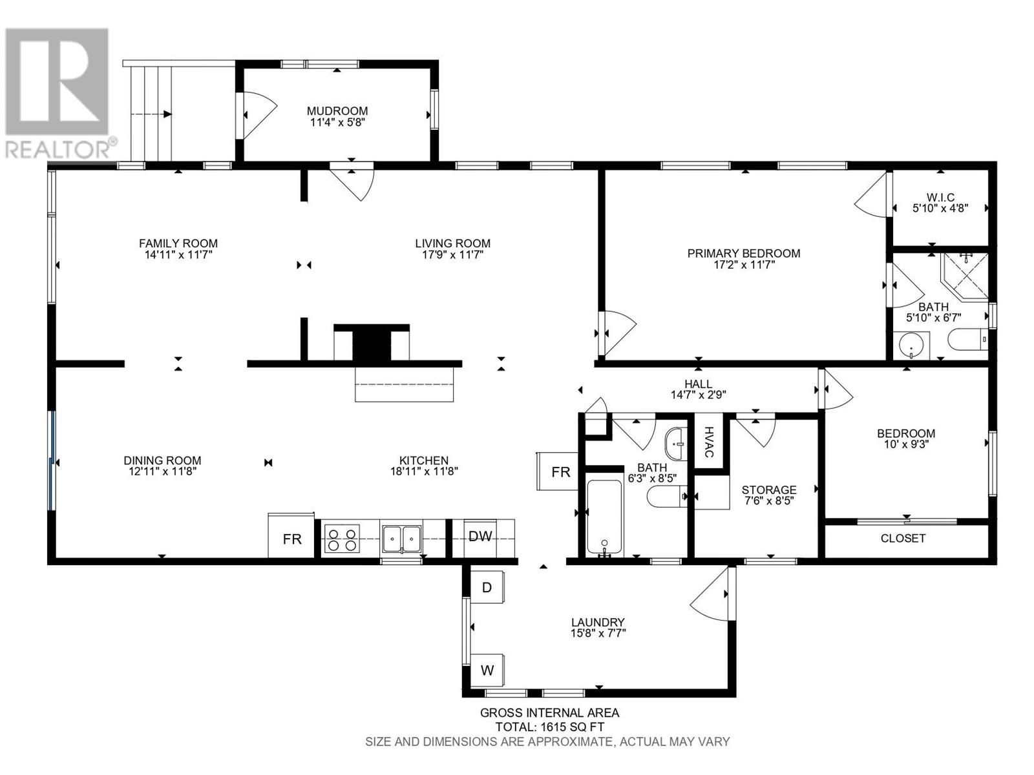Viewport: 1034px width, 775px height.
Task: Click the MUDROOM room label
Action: click(337, 111)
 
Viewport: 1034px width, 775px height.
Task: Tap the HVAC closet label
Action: click(709, 442)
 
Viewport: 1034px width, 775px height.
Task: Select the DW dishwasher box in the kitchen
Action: click(480, 536)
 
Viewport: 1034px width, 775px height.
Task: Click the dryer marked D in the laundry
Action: click(487, 587)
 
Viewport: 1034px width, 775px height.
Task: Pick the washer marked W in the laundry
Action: click(487, 670)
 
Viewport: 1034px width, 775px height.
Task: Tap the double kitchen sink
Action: click(401, 538)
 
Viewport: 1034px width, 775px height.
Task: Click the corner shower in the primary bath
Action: click(965, 276)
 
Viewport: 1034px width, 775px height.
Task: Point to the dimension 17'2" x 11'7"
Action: click(744, 264)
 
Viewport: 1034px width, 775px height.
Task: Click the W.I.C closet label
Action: click(940, 198)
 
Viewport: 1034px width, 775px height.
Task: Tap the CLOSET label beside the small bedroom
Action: click(903, 538)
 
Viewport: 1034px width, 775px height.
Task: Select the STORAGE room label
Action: click(768, 490)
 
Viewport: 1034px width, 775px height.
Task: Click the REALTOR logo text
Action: click(58, 150)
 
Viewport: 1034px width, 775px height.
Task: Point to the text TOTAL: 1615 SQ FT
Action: click(549, 727)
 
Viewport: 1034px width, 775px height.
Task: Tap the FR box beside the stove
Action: click(292, 539)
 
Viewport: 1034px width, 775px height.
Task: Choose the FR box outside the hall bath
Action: click(560, 472)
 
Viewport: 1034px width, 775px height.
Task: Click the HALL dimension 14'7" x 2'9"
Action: click(698, 395)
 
